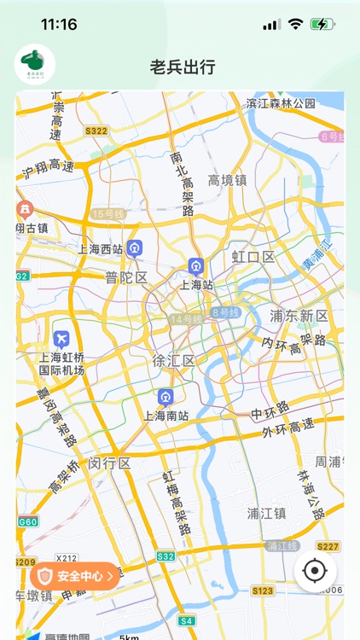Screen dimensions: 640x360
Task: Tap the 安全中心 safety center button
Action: tap(74, 576)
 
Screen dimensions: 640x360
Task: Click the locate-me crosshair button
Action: tap(315, 571)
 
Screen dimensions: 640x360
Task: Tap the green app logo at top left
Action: tap(35, 65)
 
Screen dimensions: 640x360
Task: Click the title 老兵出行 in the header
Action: tap(182, 66)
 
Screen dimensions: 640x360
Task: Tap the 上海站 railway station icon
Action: tap(196, 267)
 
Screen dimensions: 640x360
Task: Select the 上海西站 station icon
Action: tap(135, 248)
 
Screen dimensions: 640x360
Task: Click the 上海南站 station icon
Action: tap(165, 397)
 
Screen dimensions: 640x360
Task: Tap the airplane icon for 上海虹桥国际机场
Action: tap(61, 338)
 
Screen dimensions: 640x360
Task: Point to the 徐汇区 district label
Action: tap(173, 360)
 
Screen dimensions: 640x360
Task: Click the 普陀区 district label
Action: tap(126, 277)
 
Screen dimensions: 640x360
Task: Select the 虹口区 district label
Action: tap(253, 257)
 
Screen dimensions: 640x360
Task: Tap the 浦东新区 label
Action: tap(299, 316)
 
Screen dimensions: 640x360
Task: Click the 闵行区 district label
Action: tap(110, 463)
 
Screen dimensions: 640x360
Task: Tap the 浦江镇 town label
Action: tap(266, 513)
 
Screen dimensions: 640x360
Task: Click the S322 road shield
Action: tap(96, 131)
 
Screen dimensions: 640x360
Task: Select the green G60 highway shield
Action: tap(27, 521)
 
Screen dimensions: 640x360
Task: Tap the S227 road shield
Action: tap(328, 546)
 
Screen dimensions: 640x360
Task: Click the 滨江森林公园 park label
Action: tap(281, 103)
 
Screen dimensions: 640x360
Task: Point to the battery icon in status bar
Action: tap(322, 25)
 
